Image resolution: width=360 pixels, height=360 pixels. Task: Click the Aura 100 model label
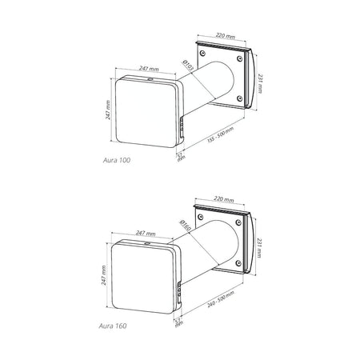tap(118, 160)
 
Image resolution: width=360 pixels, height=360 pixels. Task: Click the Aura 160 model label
tap(118, 326)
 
